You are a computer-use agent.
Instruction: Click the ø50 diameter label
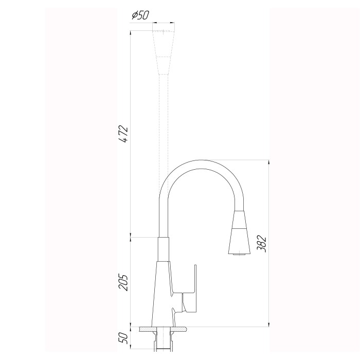(140, 15)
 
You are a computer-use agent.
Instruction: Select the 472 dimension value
(123, 134)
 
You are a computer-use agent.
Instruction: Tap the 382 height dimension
(261, 244)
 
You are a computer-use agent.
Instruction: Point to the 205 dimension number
(123, 282)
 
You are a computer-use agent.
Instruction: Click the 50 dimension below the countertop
(123, 338)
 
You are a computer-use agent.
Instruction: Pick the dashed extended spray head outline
(164, 52)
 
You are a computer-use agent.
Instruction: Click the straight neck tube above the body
(164, 249)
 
